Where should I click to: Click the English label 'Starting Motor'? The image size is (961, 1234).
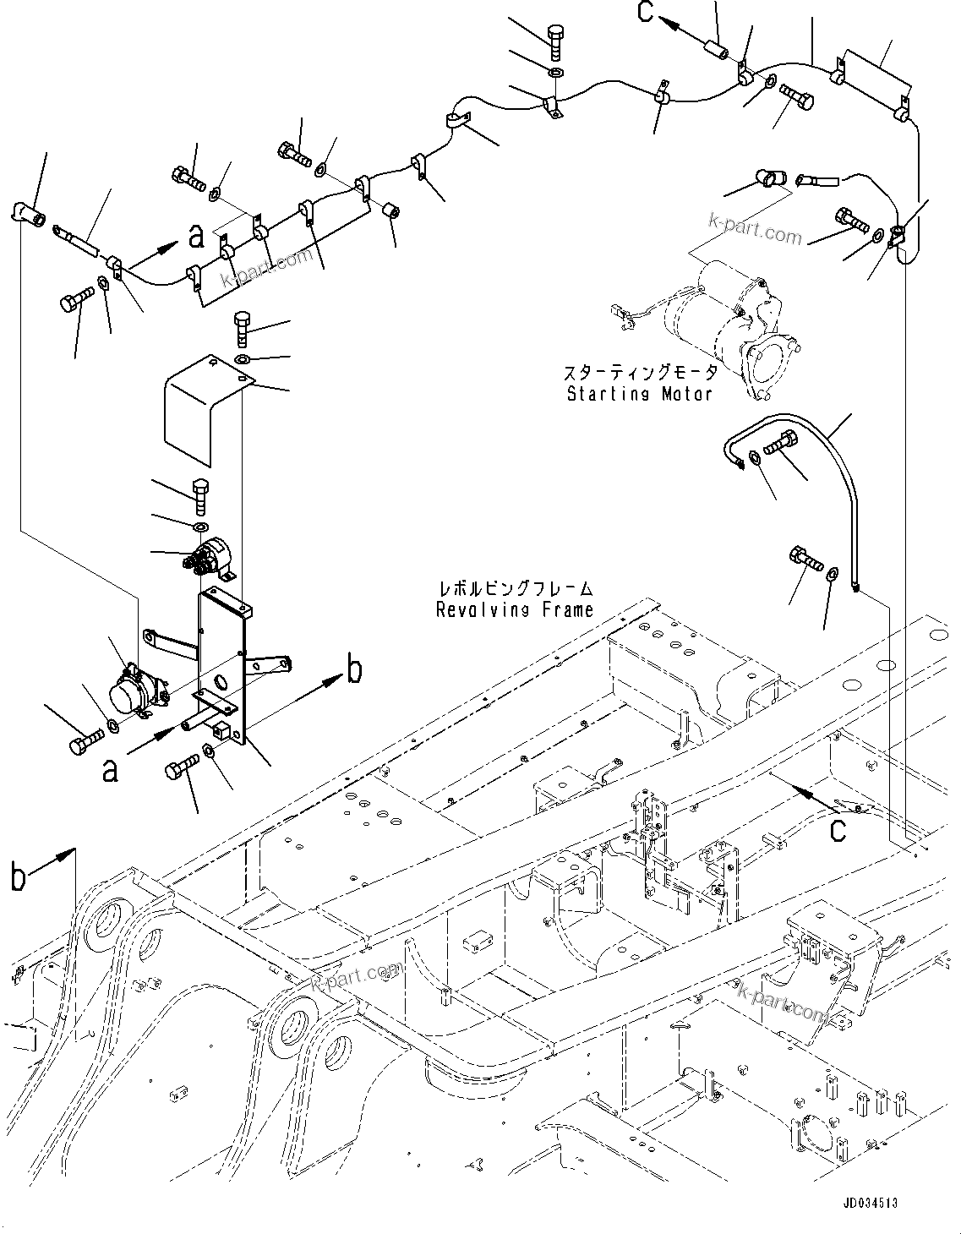(x=639, y=394)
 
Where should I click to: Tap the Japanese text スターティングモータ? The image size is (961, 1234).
(x=639, y=373)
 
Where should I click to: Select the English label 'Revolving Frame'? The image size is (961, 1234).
(x=515, y=609)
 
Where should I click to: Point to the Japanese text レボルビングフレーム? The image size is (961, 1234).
(x=515, y=588)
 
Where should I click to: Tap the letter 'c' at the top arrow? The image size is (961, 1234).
(x=646, y=12)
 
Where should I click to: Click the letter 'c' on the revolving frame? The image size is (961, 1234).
(x=837, y=829)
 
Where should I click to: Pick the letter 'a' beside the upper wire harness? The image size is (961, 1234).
(x=197, y=237)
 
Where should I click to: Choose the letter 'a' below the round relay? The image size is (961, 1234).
(x=110, y=770)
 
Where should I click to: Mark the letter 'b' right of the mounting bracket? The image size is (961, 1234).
(x=355, y=671)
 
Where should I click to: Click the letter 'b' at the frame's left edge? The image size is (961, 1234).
(x=19, y=876)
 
